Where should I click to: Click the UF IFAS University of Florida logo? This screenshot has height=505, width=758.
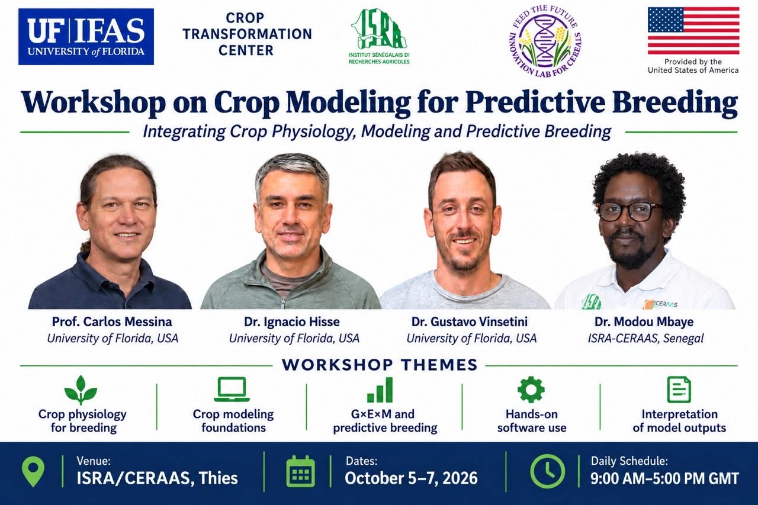tap(86, 37)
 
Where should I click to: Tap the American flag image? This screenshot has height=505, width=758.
tap(693, 31)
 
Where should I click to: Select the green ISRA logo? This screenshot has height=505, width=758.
tap(379, 36)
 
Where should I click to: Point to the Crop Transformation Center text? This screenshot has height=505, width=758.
tap(247, 34)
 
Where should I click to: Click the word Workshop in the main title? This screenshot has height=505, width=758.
tap(94, 103)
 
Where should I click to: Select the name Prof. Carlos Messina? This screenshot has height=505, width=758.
tap(112, 321)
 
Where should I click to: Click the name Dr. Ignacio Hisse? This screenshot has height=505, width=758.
tap(292, 321)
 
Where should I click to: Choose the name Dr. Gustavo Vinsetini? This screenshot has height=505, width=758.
tap(470, 321)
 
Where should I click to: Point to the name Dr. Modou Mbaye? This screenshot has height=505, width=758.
tap(644, 321)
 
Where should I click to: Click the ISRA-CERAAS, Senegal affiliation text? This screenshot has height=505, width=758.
tap(645, 338)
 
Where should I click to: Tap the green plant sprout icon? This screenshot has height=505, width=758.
tap(81, 390)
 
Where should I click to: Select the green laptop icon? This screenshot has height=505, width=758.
tap(232, 390)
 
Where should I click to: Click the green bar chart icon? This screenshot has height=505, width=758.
tap(380, 390)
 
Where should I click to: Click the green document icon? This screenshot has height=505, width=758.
tap(679, 390)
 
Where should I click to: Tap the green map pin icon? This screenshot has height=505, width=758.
tap(33, 471)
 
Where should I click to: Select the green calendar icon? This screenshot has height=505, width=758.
tap(300, 471)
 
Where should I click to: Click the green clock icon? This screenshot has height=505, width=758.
tap(547, 471)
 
